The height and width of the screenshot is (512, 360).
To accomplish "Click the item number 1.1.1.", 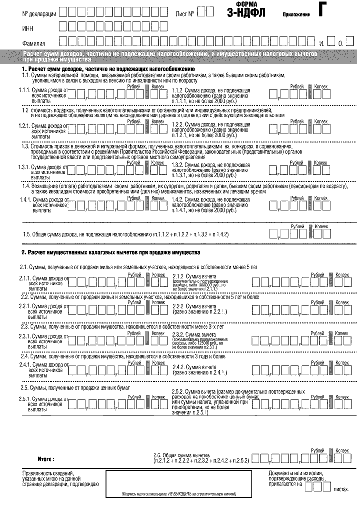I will pos(24,90).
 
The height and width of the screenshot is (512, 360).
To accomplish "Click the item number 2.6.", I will pos(159,455).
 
